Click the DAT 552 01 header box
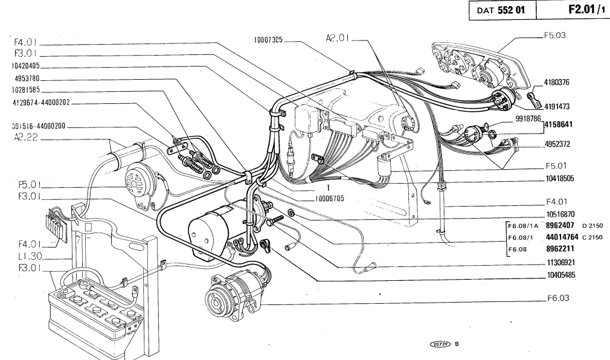click(501, 11)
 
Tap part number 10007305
click(268, 40)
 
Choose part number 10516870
click(560, 213)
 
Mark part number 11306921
click(560, 263)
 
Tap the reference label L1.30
click(26, 257)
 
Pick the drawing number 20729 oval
click(439, 343)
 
